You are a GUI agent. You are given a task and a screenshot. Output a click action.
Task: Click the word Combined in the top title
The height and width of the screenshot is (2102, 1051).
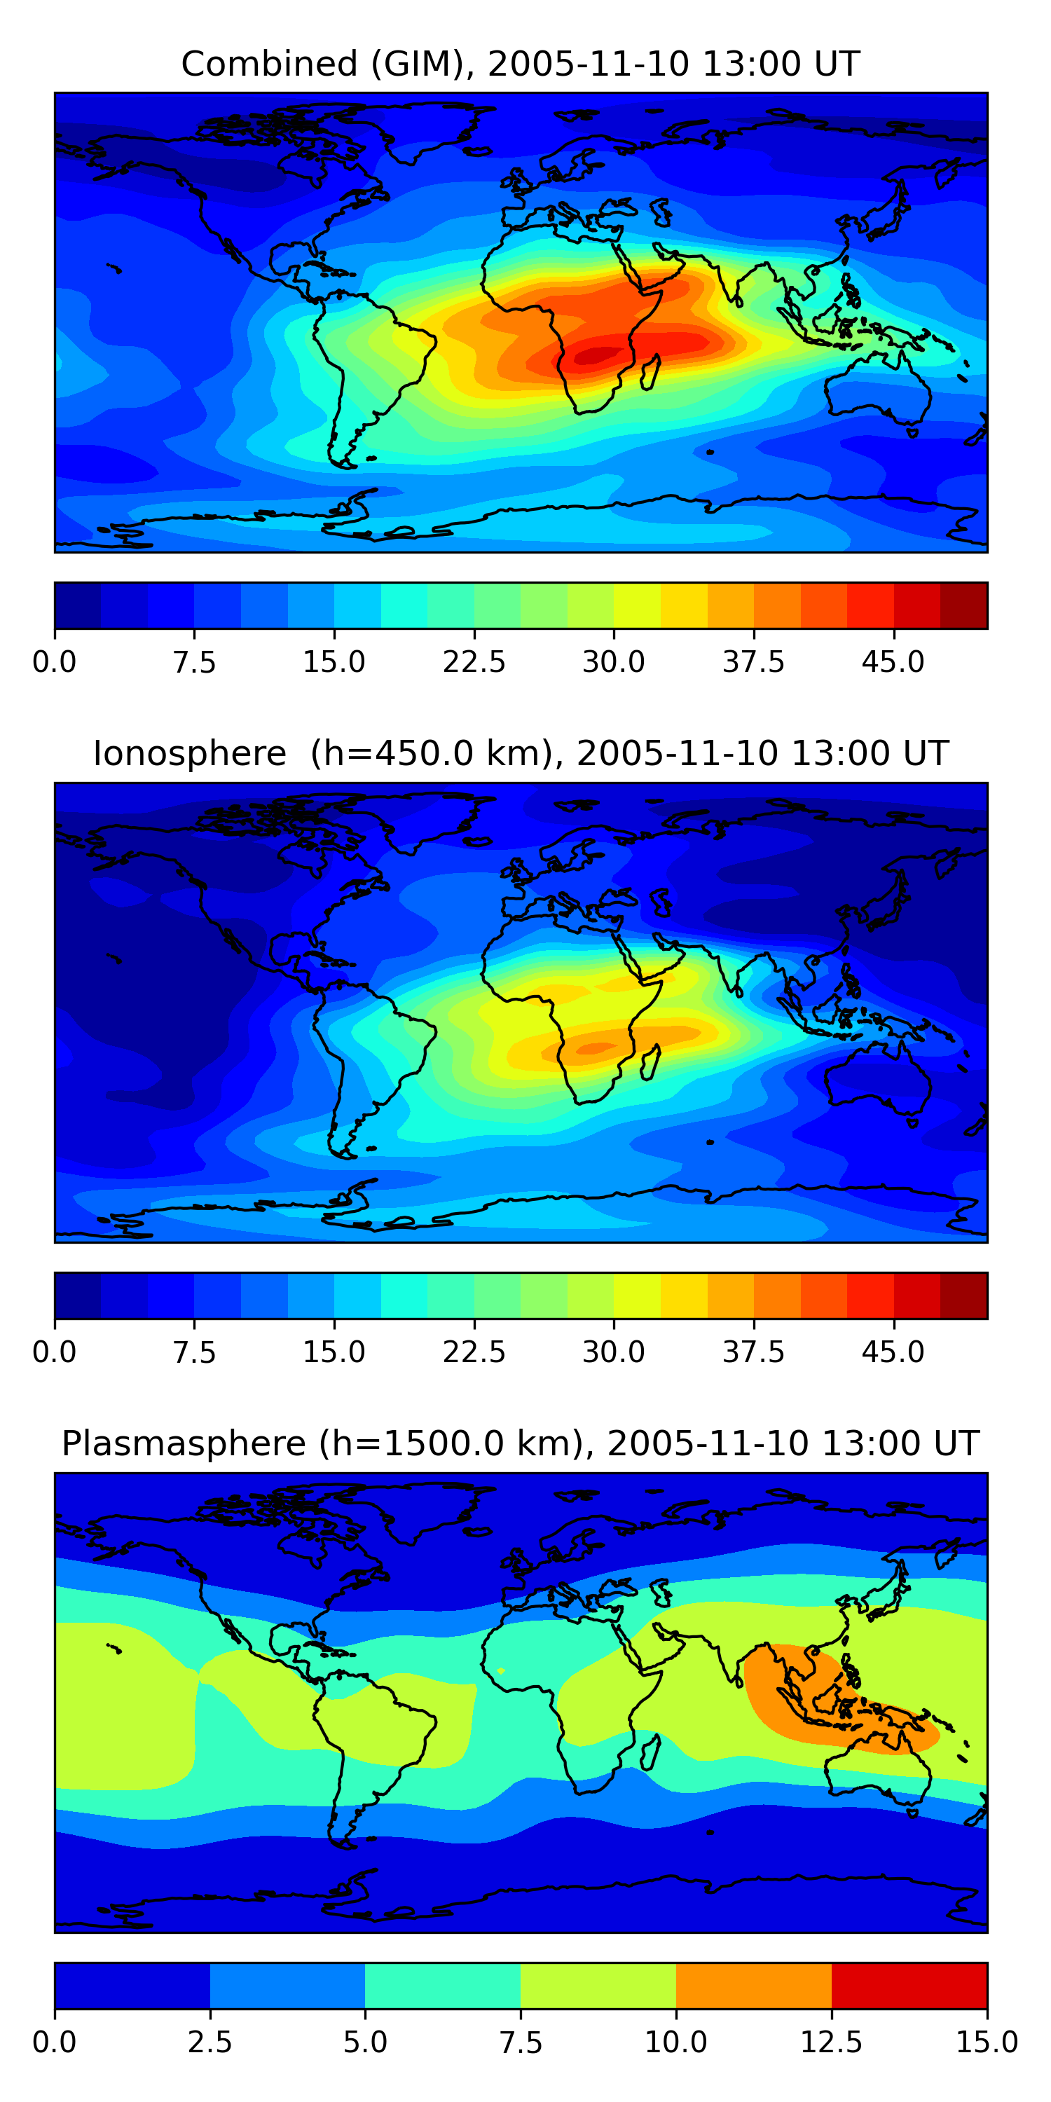pos(269,64)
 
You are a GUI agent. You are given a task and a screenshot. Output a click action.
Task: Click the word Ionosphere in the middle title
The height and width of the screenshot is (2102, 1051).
pos(189,753)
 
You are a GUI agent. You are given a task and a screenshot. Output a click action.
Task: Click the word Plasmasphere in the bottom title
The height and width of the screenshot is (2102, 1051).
pos(184,1444)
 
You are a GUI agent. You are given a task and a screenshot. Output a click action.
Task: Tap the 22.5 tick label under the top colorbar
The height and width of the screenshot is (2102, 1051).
pos(474,661)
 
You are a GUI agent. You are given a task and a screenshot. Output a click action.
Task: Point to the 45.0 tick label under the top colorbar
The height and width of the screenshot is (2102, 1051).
pos(893,661)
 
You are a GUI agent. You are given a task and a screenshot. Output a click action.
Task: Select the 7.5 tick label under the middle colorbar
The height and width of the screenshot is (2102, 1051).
pos(194,1352)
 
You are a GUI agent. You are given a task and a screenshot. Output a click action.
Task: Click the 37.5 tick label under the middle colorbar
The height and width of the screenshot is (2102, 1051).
pos(753,1352)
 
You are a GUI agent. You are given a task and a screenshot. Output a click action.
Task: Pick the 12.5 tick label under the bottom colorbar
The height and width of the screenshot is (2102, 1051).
pos(832,2042)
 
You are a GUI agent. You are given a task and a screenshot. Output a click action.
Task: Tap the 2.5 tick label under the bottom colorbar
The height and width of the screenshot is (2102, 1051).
pos(209,2042)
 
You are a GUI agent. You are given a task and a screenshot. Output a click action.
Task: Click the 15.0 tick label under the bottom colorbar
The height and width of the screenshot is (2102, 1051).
pos(987,2042)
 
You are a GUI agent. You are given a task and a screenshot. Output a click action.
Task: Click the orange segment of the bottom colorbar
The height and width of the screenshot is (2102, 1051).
pos(754,1985)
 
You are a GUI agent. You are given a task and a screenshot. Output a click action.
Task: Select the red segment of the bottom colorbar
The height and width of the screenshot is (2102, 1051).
pos(909,1985)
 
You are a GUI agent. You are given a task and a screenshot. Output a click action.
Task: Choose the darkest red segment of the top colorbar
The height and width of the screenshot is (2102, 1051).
pos(963,605)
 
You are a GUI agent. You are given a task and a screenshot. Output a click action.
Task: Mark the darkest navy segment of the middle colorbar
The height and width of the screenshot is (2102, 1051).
pos(78,1296)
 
